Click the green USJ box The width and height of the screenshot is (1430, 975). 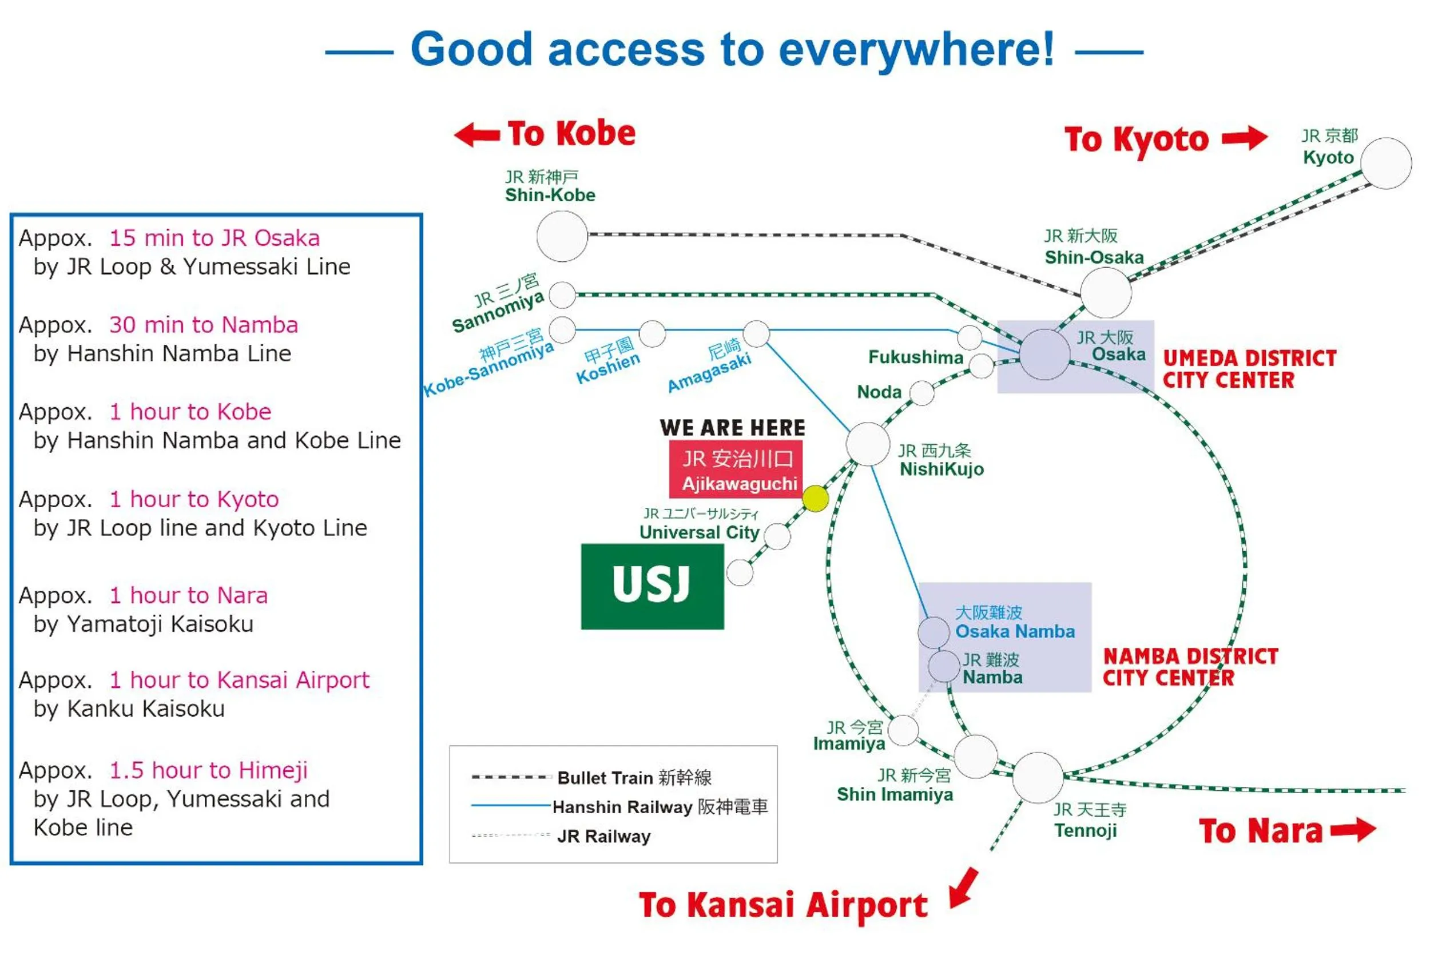(x=652, y=586)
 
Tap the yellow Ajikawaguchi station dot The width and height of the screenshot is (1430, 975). (x=815, y=498)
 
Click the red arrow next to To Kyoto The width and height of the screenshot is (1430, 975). (x=1244, y=138)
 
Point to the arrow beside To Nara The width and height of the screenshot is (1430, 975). (x=1353, y=830)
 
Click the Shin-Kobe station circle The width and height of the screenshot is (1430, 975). (x=562, y=236)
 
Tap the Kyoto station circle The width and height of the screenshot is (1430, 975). (x=1386, y=164)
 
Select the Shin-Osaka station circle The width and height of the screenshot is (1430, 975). (x=1106, y=293)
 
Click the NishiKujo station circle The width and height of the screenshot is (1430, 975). (x=868, y=444)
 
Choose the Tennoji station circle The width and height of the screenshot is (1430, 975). (x=1038, y=778)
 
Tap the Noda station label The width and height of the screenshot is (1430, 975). (x=879, y=392)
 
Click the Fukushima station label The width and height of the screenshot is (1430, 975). (x=916, y=357)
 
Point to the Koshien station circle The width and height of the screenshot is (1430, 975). (x=652, y=334)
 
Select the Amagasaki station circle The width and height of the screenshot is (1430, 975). (x=756, y=334)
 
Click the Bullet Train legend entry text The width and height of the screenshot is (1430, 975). (x=634, y=778)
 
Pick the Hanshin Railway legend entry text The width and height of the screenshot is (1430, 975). (x=660, y=806)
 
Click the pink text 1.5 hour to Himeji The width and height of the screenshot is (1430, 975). (x=208, y=770)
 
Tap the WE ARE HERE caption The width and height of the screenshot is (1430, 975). (x=732, y=428)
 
